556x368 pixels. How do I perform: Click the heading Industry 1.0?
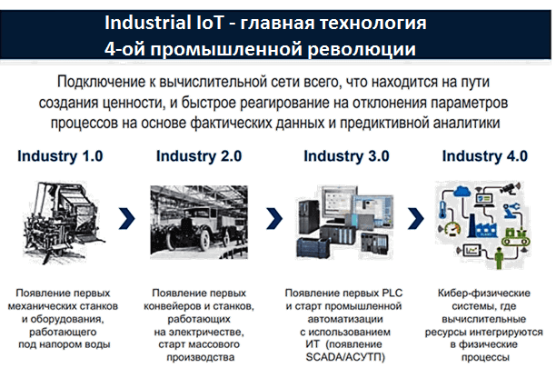(63, 156)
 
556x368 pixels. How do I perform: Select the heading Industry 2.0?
(199, 156)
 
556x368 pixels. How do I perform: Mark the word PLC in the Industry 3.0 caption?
(388, 293)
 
